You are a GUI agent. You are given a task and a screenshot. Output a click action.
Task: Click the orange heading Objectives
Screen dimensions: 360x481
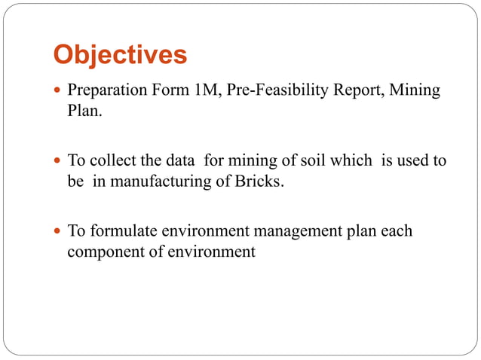(x=119, y=56)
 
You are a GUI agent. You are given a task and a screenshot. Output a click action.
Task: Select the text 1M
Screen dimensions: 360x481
(x=200, y=91)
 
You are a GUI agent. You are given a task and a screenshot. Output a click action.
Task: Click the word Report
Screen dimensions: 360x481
(x=354, y=91)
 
